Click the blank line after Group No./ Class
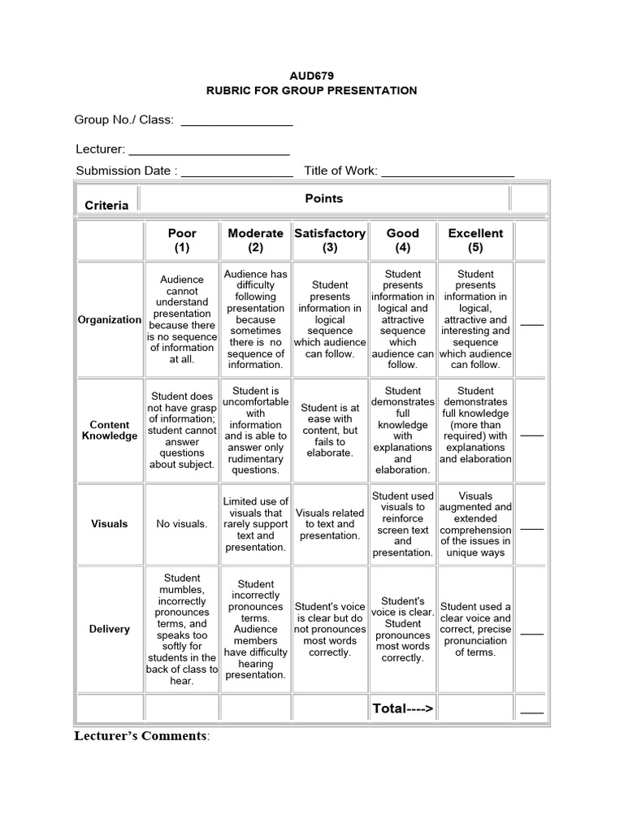236,122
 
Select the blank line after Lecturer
209,151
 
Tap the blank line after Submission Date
236,172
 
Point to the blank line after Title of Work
447,172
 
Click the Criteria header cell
106,205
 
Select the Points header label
323,198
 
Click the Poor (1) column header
182,240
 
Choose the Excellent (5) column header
475,240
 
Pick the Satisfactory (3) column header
329,240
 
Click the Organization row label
109,319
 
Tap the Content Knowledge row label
109,430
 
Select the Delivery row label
109,629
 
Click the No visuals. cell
182,524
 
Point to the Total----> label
402,708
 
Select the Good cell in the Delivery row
402,629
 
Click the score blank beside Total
531,711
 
